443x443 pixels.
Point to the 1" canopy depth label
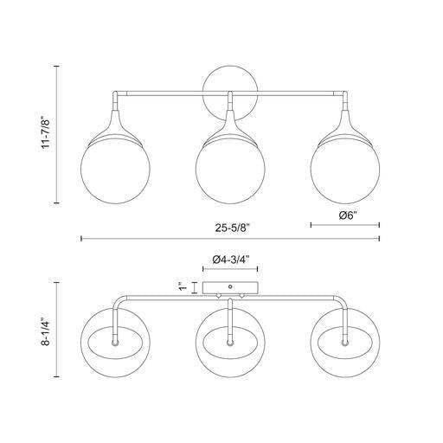click(180, 287)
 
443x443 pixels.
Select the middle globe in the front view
click(228, 170)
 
